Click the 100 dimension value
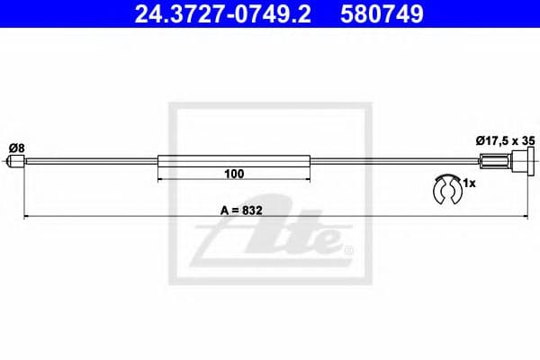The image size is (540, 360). click(235, 172)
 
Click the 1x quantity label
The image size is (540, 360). click(468, 183)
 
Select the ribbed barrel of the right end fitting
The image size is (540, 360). click(495, 162)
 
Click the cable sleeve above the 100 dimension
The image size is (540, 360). click(235, 162)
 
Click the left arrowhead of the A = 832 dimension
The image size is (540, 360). click(26, 216)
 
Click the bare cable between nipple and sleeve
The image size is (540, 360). click(90, 162)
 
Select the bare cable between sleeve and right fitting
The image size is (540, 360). click(396, 162)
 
